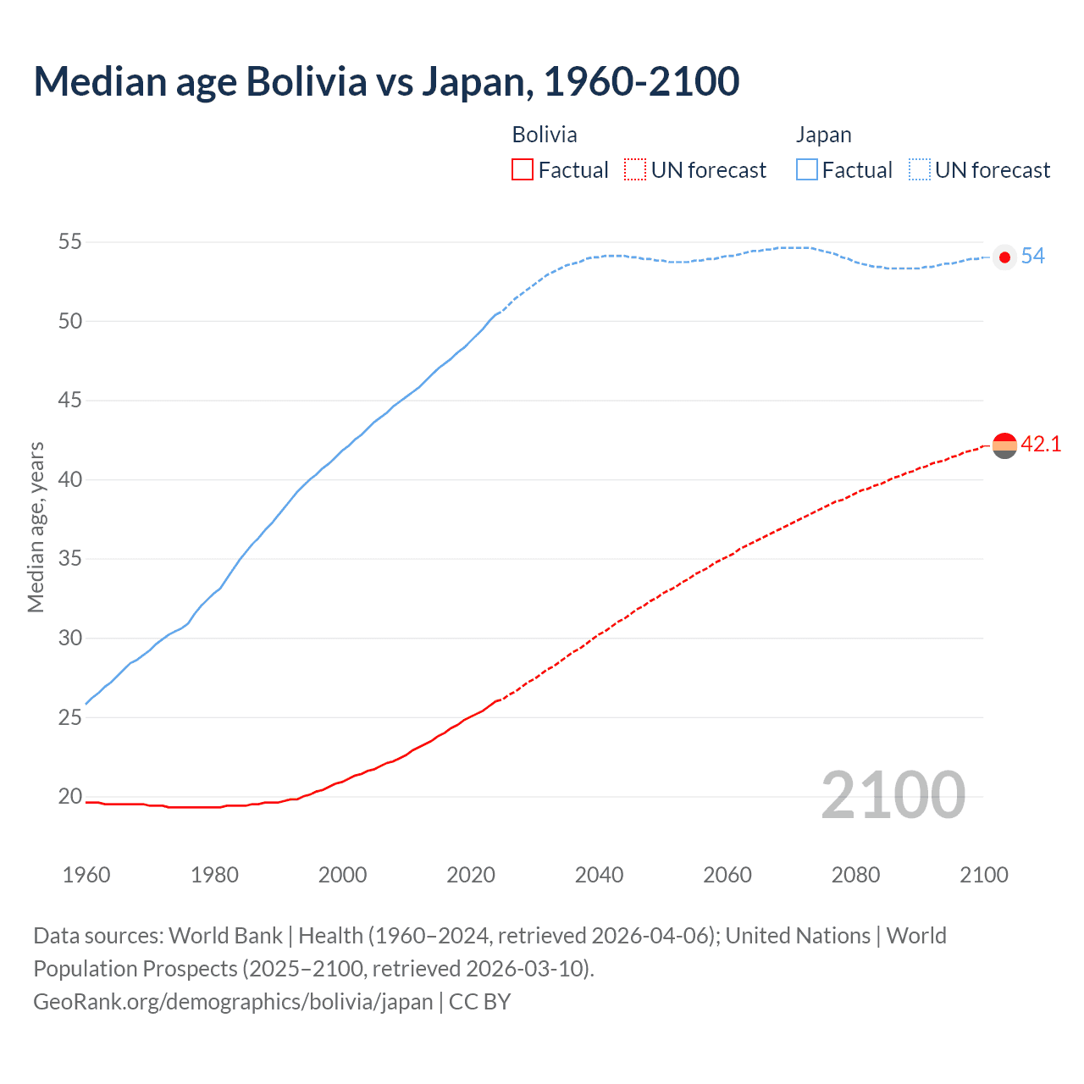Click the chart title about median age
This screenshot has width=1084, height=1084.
pyautogui.click(x=386, y=81)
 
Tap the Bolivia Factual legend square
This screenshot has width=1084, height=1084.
pyautogui.click(x=523, y=169)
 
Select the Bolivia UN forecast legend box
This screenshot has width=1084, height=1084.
pyautogui.click(x=635, y=169)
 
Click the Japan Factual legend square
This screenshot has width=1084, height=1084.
pyautogui.click(x=807, y=169)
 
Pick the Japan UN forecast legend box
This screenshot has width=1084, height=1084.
pyautogui.click(x=920, y=169)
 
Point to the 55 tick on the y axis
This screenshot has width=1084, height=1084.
pyautogui.click(x=70, y=242)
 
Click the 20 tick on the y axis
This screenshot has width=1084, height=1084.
pyautogui.click(x=70, y=796)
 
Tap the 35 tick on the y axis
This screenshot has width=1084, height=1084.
pyautogui.click(x=70, y=559)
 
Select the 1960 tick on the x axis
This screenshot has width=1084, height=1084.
pyautogui.click(x=86, y=875)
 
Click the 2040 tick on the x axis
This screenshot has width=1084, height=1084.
pyautogui.click(x=599, y=875)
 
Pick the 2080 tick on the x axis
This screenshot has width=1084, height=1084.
pyautogui.click(x=855, y=875)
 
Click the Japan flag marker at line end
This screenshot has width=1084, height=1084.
pyautogui.click(x=1004, y=257)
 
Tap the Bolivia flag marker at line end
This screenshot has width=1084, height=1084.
pyautogui.click(x=1004, y=445)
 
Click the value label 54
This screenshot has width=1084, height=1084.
pyautogui.click(x=1033, y=257)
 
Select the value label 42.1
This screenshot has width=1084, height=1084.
pyautogui.click(x=1041, y=445)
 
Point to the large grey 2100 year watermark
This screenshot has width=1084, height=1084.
pyautogui.click(x=893, y=795)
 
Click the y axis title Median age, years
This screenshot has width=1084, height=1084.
pyautogui.click(x=36, y=527)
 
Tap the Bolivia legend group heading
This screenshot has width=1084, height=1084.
pyautogui.click(x=545, y=135)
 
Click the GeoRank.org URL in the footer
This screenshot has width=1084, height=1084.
pyautogui.click(x=233, y=1002)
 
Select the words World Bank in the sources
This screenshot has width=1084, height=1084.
pyautogui.click(x=225, y=936)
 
